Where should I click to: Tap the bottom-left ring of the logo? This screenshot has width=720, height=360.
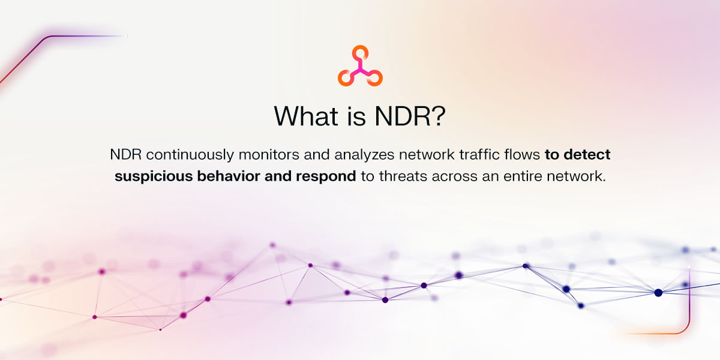[x=344, y=77]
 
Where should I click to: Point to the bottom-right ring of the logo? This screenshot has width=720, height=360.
[x=375, y=77]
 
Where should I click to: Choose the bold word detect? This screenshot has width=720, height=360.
[x=587, y=155]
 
